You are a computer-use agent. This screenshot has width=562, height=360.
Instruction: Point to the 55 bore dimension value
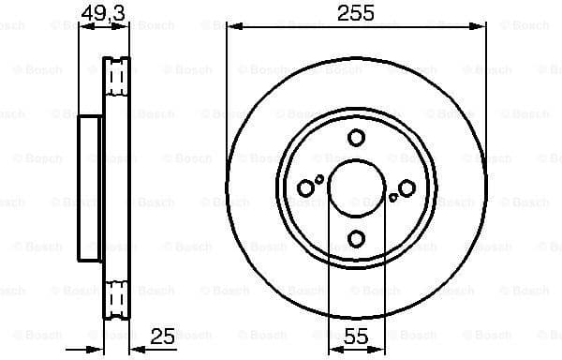[x=354, y=335]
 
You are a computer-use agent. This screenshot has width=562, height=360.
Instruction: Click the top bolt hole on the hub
[x=356, y=139]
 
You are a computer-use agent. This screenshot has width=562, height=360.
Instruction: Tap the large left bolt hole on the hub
[x=305, y=188]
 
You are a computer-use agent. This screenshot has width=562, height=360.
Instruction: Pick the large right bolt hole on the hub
[x=407, y=188]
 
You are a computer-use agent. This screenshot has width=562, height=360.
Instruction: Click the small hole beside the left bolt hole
[x=319, y=178]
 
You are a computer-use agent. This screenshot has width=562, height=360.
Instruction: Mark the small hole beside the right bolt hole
[x=392, y=197]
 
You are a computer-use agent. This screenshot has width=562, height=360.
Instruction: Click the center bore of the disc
[x=356, y=188]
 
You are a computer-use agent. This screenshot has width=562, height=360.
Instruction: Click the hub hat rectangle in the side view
[x=91, y=188]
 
